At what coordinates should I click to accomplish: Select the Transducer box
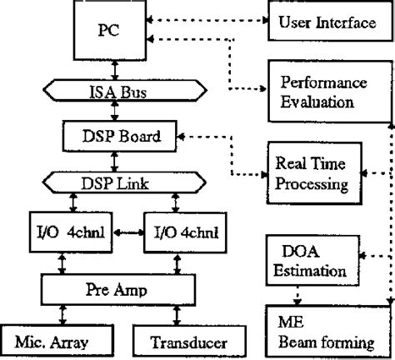[x=178, y=340]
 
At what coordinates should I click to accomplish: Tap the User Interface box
[x=326, y=21]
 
